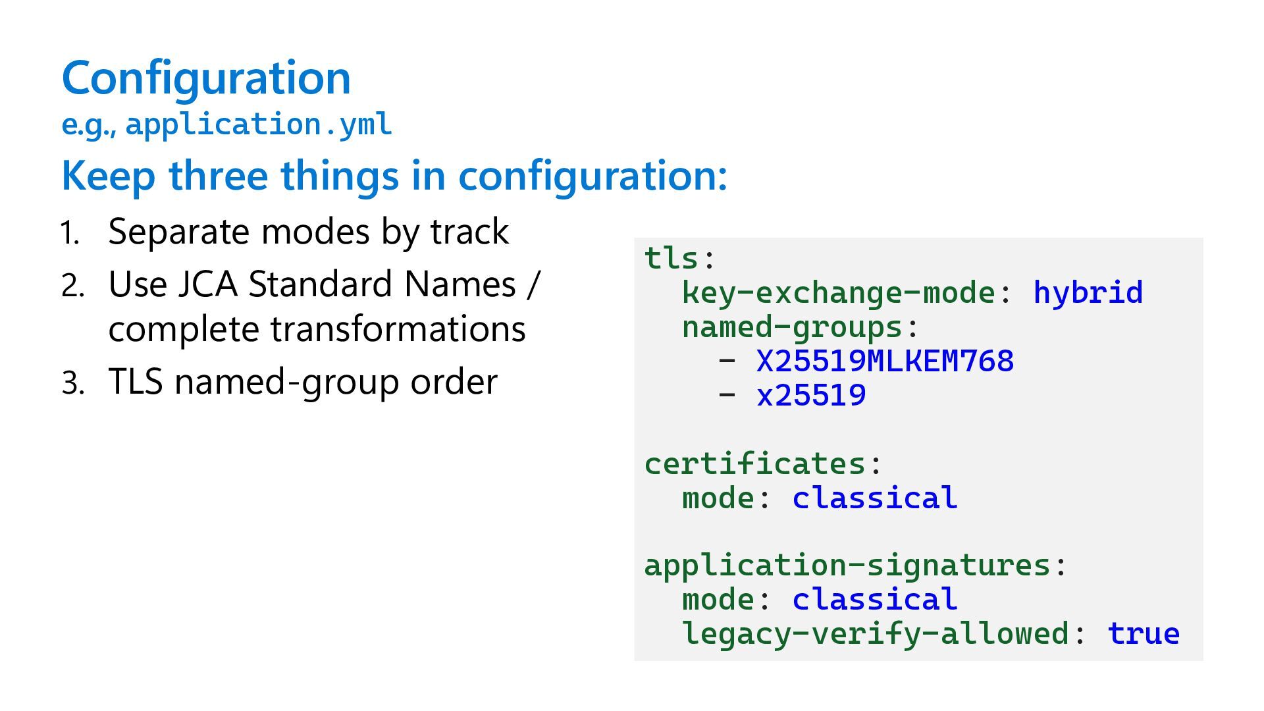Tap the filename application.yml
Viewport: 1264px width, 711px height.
(x=259, y=124)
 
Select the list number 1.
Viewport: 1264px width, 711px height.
(x=70, y=233)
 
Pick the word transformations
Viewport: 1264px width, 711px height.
(x=398, y=329)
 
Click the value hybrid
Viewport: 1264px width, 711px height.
(x=1088, y=292)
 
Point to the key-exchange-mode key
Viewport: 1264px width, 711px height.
(x=838, y=292)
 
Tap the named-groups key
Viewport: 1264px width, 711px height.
(x=792, y=327)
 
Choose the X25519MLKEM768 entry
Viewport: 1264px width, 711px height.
(x=885, y=361)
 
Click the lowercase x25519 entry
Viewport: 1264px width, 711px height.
(x=811, y=395)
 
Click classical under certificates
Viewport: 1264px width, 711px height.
(x=875, y=498)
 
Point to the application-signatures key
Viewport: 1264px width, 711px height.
(x=847, y=566)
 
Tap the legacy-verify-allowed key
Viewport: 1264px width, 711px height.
(x=875, y=633)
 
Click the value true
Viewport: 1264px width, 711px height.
(x=1144, y=633)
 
